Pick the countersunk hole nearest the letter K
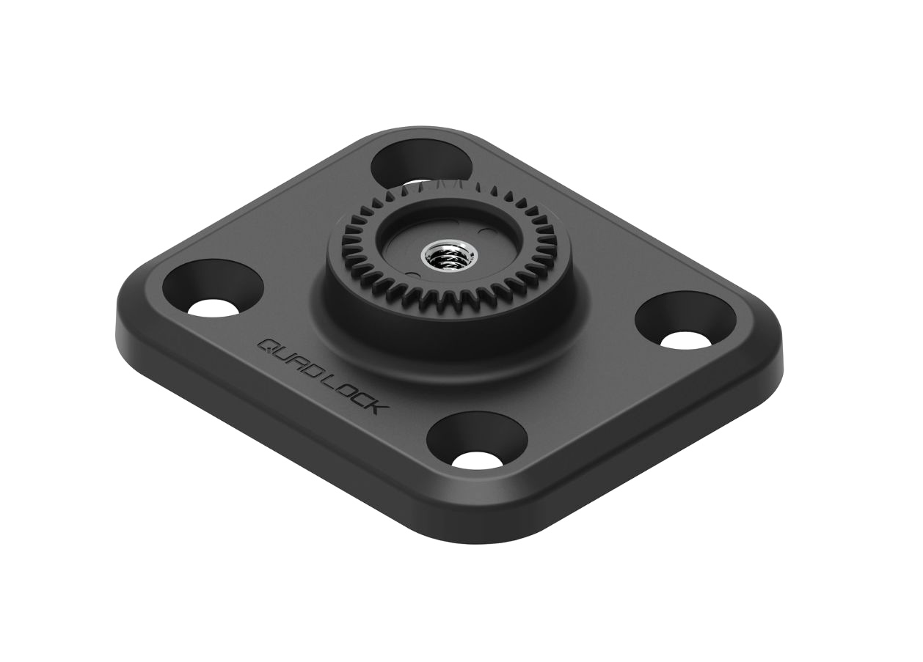click(477, 442)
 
